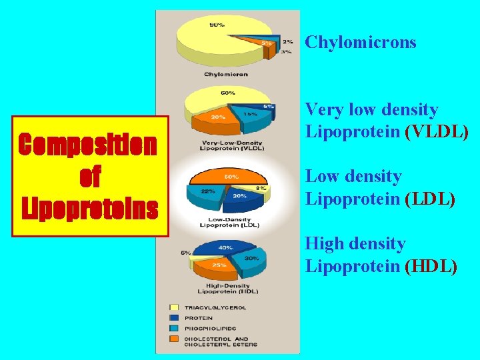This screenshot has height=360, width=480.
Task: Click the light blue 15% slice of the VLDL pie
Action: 250,115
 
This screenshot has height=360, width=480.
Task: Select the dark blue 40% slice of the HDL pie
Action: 223,249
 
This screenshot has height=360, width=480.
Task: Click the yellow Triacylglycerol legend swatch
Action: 175,307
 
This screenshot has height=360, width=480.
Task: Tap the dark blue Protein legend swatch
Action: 175,318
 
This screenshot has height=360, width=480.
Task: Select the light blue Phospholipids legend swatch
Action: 175,328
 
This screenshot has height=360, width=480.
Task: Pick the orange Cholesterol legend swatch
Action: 175,340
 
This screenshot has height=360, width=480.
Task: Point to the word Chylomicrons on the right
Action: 360,43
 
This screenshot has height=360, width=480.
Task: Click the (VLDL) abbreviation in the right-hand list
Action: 437,132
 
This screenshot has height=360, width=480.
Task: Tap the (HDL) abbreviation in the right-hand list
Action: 431,267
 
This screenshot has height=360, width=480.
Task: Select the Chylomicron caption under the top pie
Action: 226,74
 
